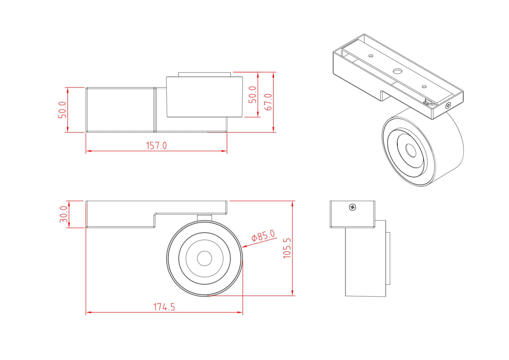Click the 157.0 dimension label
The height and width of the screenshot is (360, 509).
click(x=156, y=146)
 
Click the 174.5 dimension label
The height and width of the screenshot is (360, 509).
click(x=164, y=307)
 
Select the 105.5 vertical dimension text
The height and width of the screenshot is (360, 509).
click(x=287, y=248)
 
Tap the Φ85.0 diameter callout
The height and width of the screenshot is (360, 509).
click(x=263, y=236)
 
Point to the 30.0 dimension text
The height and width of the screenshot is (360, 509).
click(x=63, y=214)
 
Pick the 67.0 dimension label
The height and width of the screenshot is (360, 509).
click(x=268, y=102)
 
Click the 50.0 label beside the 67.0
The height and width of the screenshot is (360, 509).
click(x=252, y=94)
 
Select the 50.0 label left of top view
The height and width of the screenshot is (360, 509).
click(x=62, y=110)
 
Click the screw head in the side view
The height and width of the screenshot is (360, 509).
click(x=352, y=207)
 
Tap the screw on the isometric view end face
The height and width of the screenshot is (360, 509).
click(x=448, y=105)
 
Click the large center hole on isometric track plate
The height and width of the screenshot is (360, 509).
click(x=397, y=71)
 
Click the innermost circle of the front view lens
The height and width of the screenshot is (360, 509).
click(x=204, y=258)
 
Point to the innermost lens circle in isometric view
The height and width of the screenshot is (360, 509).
click(x=411, y=150)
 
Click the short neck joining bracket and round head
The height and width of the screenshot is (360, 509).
click(x=204, y=217)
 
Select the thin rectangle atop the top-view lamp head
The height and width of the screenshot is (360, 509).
click(x=204, y=74)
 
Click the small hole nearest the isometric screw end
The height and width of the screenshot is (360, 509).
click(x=424, y=87)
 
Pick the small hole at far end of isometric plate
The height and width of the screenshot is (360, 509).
click(x=371, y=56)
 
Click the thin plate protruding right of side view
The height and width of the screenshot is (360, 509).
click(x=388, y=258)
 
